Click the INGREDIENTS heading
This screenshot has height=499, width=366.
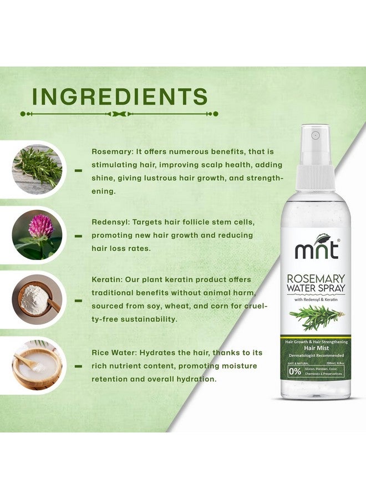click(120, 96)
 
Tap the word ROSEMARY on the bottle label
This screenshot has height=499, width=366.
click(316, 278)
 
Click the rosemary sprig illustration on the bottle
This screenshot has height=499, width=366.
click(317, 318)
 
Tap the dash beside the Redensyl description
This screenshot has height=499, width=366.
click(78, 236)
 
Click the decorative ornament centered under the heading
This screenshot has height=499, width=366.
click(119, 114)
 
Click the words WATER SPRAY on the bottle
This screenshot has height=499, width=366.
click(316, 288)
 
